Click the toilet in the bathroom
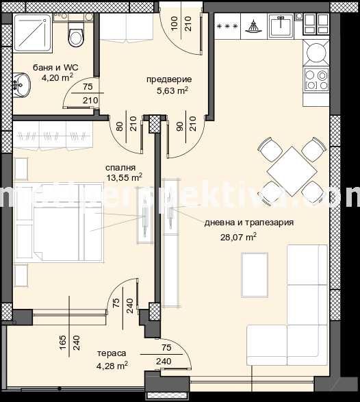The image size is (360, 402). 75,33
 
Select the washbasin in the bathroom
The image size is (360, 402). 21,87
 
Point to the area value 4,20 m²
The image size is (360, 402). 57,77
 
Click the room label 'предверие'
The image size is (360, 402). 168,79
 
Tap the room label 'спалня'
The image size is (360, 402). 120,166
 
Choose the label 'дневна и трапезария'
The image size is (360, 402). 248,223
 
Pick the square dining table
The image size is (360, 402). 290,168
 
